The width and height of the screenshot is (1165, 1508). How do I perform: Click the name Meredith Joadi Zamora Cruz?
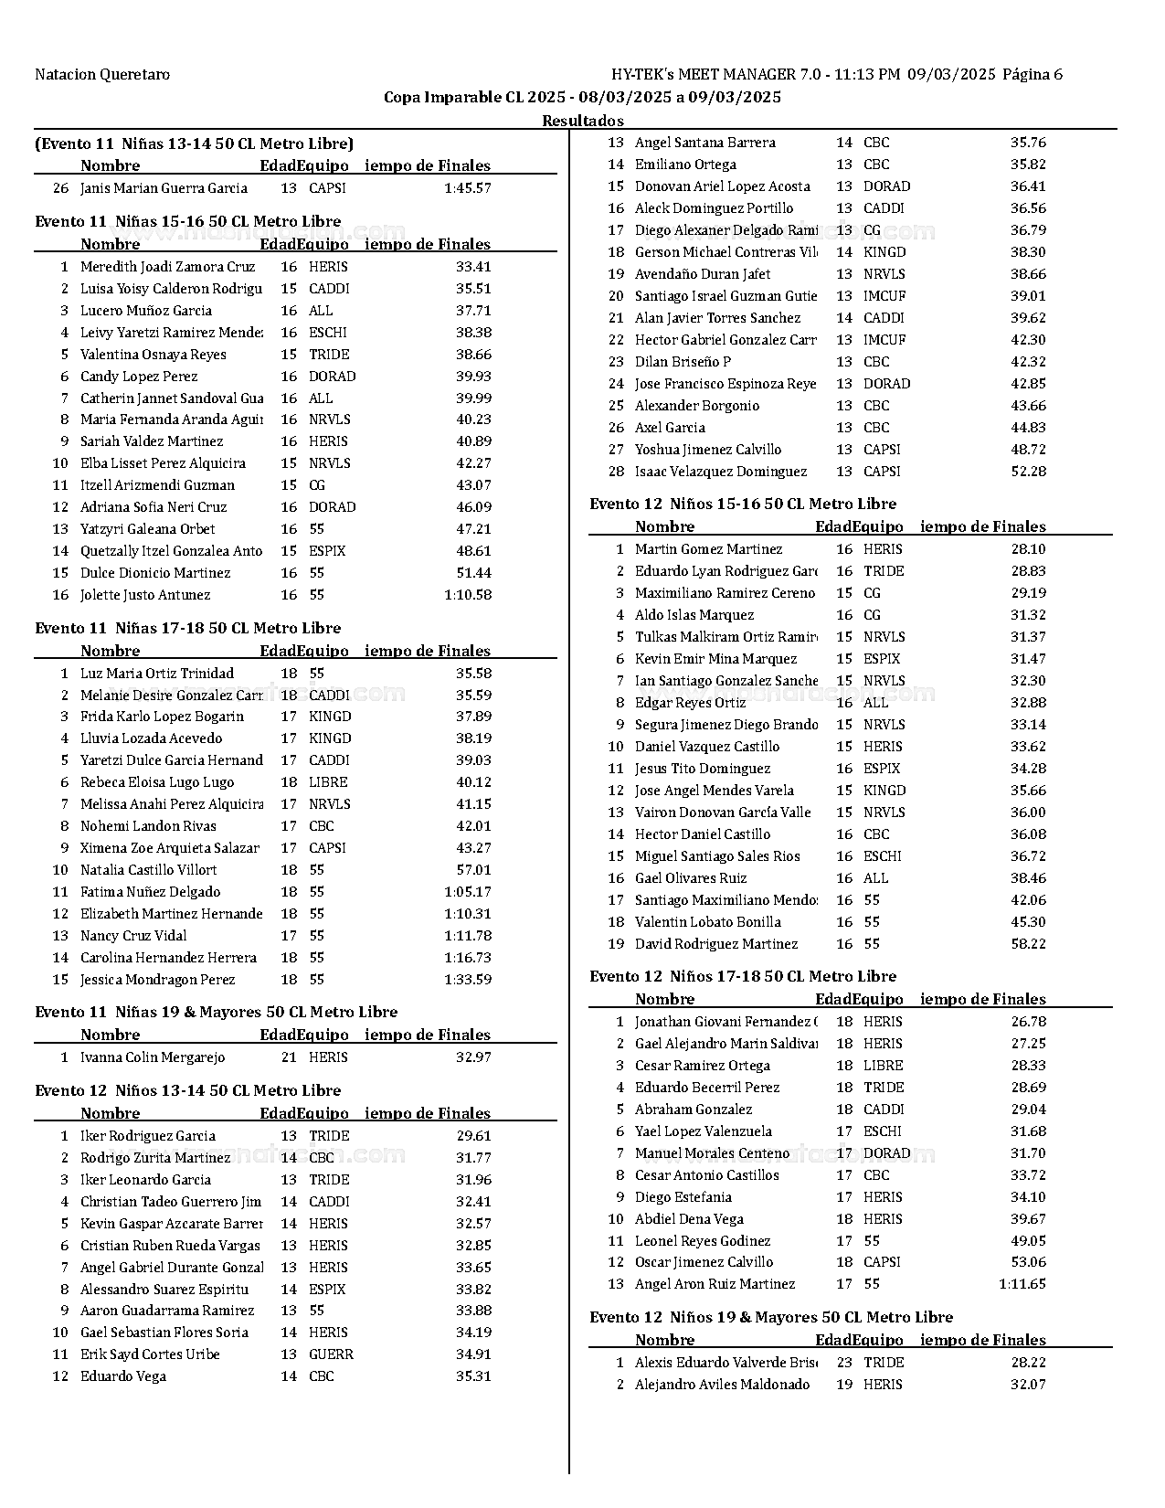pyautogui.click(x=167, y=267)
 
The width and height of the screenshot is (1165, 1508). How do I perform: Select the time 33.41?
pyautogui.click(x=473, y=267)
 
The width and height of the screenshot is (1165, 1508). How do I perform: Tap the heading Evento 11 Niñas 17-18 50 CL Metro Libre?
pyautogui.click(x=187, y=628)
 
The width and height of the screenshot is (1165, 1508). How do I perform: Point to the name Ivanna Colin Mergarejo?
pyautogui.click(x=153, y=1057)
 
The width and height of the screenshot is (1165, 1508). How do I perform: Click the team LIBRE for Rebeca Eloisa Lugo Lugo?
pyautogui.click(x=328, y=782)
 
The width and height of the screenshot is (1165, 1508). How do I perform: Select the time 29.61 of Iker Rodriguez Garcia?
pyautogui.click(x=473, y=1136)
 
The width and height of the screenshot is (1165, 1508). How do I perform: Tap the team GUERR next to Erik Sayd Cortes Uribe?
pyautogui.click(x=331, y=1354)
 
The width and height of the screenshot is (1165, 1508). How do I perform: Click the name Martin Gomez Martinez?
pyautogui.click(x=708, y=549)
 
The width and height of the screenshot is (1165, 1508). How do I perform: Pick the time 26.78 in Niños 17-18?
pyautogui.click(x=1028, y=1022)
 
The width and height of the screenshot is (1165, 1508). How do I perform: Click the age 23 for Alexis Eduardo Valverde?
pyautogui.click(x=844, y=1362)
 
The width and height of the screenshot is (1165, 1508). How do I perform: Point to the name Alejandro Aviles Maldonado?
pyautogui.click(x=722, y=1385)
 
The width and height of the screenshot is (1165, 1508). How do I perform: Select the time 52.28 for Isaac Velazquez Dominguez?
pyautogui.click(x=1028, y=472)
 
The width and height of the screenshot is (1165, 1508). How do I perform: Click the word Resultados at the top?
pyautogui.click(x=583, y=121)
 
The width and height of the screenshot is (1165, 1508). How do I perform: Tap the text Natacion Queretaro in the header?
pyautogui.click(x=102, y=75)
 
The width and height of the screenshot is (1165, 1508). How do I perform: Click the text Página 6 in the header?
pyautogui.click(x=1033, y=75)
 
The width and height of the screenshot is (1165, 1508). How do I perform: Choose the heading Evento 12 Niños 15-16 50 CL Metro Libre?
pyautogui.click(x=743, y=504)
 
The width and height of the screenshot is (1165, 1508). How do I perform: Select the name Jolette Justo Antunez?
pyautogui.click(x=145, y=595)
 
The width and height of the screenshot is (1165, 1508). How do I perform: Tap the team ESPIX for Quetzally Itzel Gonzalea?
pyautogui.click(x=327, y=551)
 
